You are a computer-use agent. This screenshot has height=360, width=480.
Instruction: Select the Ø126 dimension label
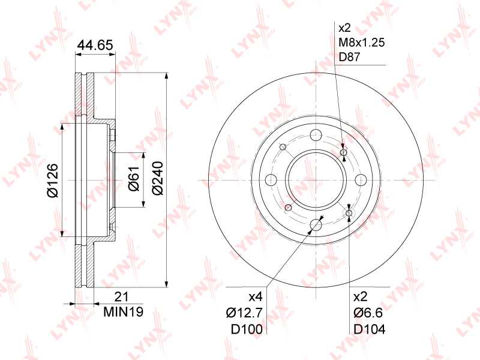[52, 179]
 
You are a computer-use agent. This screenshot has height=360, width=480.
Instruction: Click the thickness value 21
[122, 297]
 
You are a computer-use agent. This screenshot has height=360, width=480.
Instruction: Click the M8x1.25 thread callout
[361, 43]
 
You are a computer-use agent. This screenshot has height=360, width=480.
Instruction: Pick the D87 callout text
[351, 58]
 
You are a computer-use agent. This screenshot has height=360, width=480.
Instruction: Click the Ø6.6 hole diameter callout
[367, 313]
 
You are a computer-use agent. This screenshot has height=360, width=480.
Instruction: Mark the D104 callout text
[369, 329]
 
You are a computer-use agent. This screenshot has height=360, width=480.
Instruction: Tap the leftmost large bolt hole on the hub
[270, 179]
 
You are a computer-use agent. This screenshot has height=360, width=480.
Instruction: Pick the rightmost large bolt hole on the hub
[360, 179]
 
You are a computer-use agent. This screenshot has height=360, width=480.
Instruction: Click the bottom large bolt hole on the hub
[315, 224]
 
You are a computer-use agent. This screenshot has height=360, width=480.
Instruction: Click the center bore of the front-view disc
[315, 179]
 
